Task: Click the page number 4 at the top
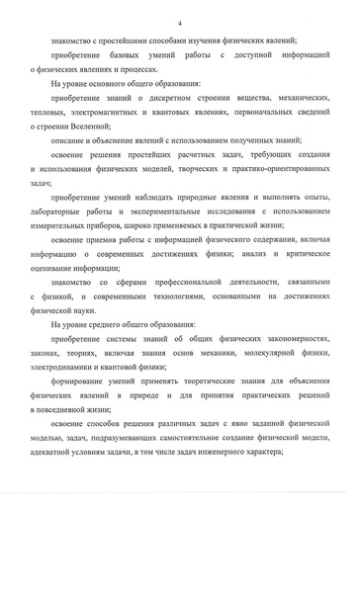pos(180,22)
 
